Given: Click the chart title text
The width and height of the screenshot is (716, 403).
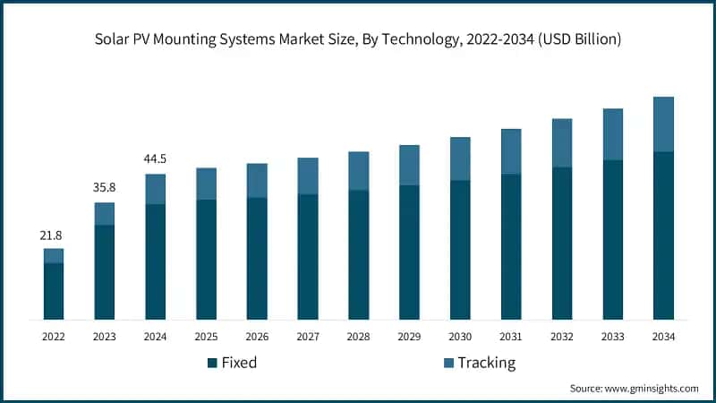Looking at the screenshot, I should (x=358, y=40).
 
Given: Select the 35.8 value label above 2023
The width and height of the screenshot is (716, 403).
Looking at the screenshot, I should (x=105, y=188).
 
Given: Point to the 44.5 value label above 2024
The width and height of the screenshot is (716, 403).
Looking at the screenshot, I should (x=156, y=159).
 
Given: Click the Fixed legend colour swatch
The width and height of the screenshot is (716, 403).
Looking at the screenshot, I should (x=212, y=363).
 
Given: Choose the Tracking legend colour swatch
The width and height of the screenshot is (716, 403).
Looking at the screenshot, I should (x=448, y=363).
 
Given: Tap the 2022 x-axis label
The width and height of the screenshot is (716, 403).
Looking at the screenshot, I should (x=54, y=337).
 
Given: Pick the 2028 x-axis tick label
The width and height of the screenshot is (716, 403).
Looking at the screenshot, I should (x=358, y=337).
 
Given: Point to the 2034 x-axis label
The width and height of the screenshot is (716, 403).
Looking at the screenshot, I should (x=663, y=337).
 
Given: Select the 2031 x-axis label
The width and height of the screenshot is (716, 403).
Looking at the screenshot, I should (x=511, y=337).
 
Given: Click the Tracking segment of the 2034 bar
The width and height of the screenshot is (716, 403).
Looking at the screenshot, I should (x=663, y=124).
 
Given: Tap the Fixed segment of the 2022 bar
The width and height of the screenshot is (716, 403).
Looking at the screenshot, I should (x=54, y=291).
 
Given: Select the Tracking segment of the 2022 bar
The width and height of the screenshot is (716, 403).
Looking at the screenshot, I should (x=54, y=255).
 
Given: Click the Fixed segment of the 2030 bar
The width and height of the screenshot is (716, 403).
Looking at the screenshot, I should (x=460, y=250).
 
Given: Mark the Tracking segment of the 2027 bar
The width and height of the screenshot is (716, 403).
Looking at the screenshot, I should (x=308, y=176).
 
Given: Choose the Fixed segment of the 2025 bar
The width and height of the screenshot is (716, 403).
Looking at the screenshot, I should (x=206, y=260).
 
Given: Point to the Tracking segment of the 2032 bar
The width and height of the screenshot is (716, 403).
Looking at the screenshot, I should (x=562, y=142).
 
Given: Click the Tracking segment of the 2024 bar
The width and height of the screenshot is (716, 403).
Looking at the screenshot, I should (x=156, y=189).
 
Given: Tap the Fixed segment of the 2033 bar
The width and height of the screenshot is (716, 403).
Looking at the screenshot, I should (x=612, y=240).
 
